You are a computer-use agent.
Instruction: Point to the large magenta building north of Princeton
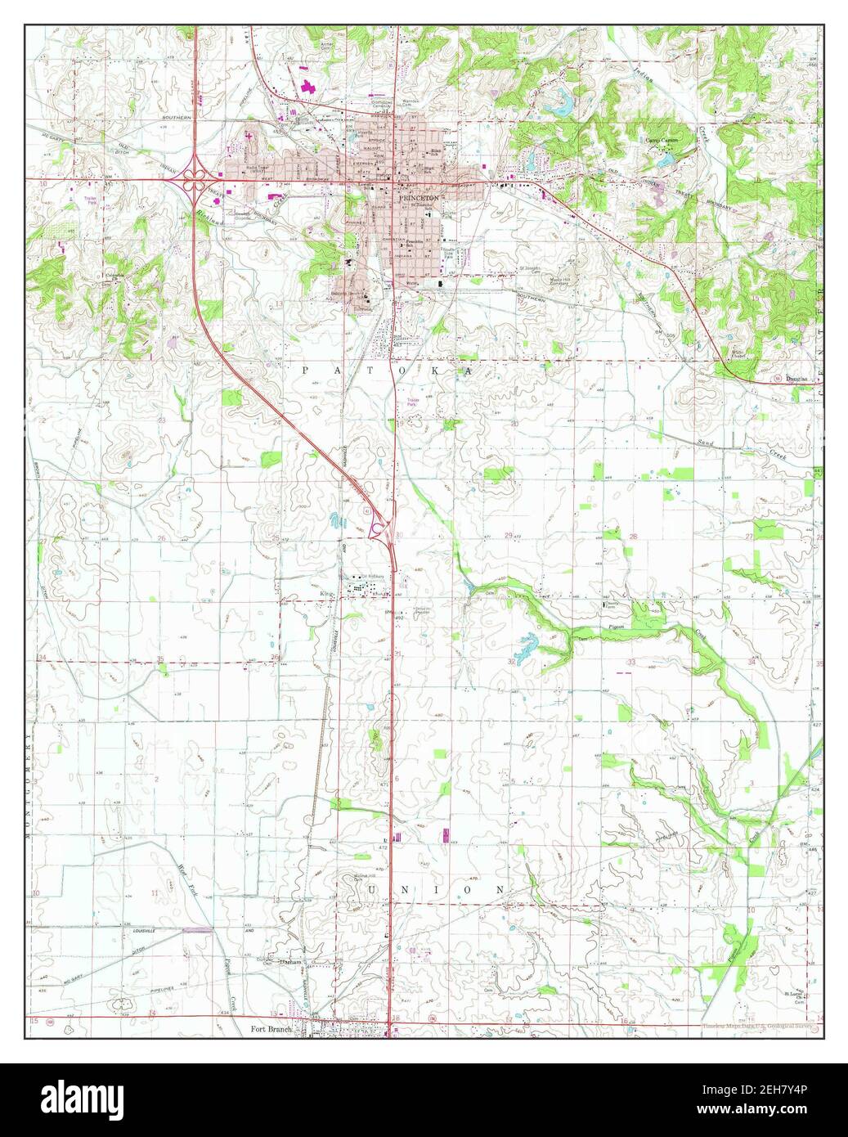pyautogui.click(x=308, y=86)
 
